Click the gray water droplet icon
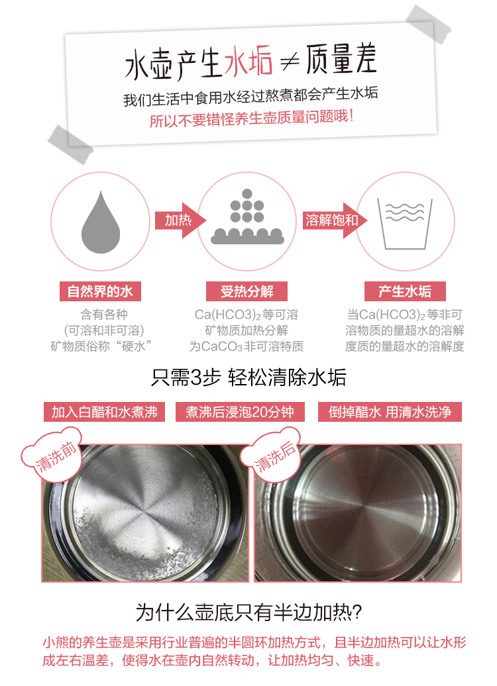click(x=101, y=223)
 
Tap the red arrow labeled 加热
click(x=180, y=220)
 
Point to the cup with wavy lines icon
click(x=405, y=224)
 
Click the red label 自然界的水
click(x=100, y=291)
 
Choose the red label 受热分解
click(x=247, y=291)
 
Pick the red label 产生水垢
click(x=405, y=291)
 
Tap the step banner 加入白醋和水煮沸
click(x=104, y=412)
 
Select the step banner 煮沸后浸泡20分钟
click(x=240, y=412)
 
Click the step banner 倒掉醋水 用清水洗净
click(x=390, y=412)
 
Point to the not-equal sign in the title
click(x=290, y=61)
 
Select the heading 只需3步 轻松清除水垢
click(x=248, y=377)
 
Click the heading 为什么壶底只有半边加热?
click(x=248, y=612)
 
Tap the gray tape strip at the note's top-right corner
click(x=428, y=24)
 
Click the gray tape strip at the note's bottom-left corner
click(x=70, y=144)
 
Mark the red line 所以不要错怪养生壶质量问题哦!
click(x=251, y=118)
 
